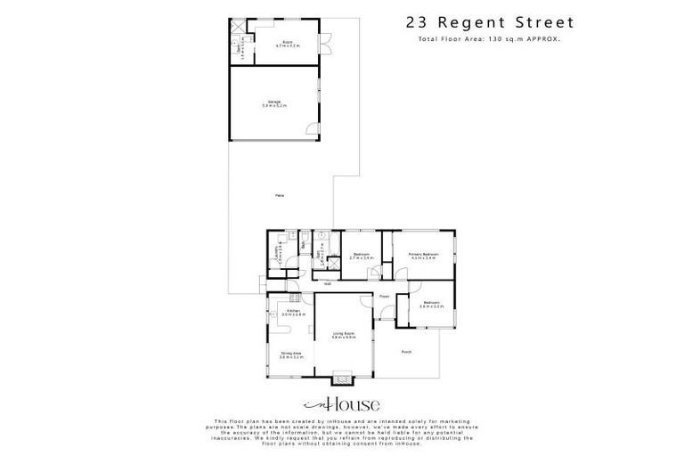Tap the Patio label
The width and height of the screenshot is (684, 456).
pos(280,194)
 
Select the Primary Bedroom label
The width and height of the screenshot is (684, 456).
pos(422,256)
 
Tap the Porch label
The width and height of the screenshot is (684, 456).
pos(406,352)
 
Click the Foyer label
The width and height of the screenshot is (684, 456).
pos(385,297)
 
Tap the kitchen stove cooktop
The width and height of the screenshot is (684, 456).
pos(293,297)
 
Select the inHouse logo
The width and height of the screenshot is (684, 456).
pos(342,404)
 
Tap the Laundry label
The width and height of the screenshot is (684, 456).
pos(277,255)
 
